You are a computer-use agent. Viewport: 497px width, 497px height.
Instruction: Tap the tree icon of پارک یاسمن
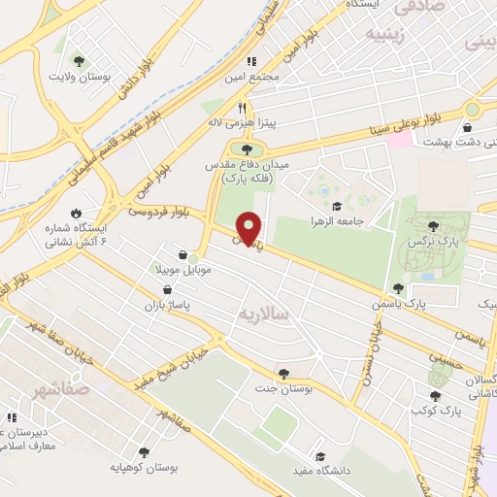[398, 288]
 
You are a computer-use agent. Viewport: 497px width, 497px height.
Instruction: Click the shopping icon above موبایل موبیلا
[182, 255]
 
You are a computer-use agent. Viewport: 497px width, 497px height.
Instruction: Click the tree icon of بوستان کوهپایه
[144, 452]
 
